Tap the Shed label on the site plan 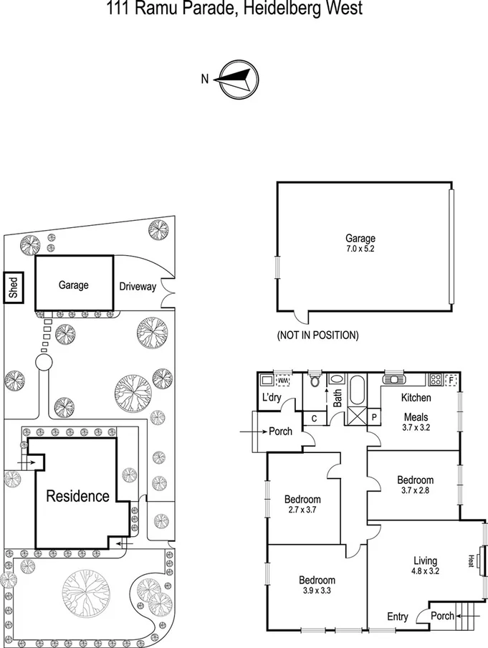pyautogui.click(x=13, y=287)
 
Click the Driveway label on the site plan pyautogui.click(x=138, y=287)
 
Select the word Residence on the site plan pyautogui.click(x=78, y=495)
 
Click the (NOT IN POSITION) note pyautogui.click(x=317, y=335)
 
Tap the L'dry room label pyautogui.click(x=270, y=397)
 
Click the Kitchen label pyautogui.click(x=415, y=397)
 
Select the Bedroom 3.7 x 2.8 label pyautogui.click(x=415, y=485)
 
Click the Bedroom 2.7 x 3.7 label pyautogui.click(x=302, y=505)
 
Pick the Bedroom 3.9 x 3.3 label pyautogui.click(x=317, y=586)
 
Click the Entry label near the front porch pyautogui.click(x=397, y=616)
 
